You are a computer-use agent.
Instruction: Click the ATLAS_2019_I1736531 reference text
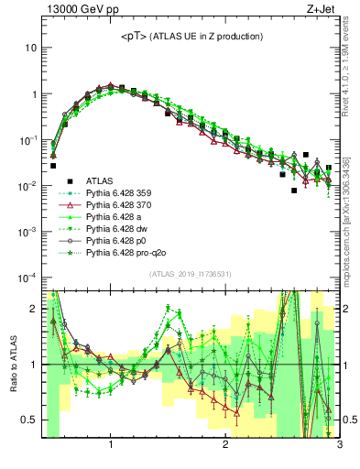190,275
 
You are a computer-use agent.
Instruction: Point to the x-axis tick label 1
111,446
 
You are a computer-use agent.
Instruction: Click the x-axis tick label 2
225,446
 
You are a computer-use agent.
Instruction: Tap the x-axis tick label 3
338,446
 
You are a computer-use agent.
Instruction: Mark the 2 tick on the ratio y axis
32,309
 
